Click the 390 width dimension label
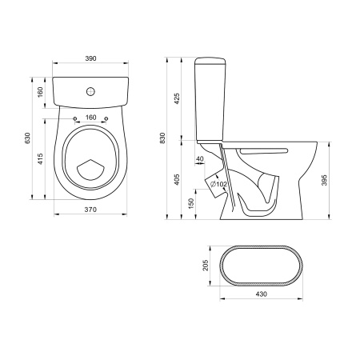(90, 58)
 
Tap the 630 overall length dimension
(28, 138)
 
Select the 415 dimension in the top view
(40, 158)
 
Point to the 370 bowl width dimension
(90, 210)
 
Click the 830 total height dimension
(162, 138)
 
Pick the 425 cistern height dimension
(177, 98)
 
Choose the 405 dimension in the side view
(177, 180)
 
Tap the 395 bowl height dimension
(324, 180)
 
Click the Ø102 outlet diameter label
(218, 184)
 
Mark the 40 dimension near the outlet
(200, 159)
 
